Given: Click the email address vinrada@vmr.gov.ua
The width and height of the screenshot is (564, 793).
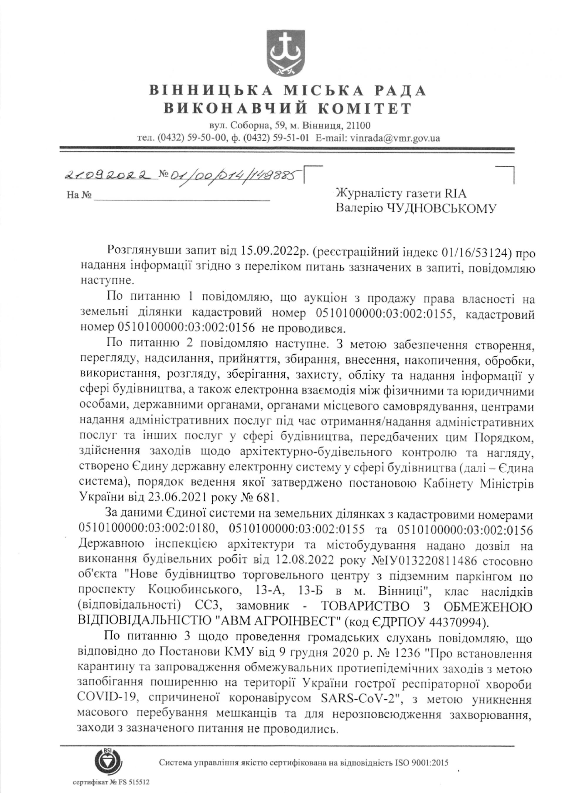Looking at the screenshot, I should (x=395, y=138).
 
